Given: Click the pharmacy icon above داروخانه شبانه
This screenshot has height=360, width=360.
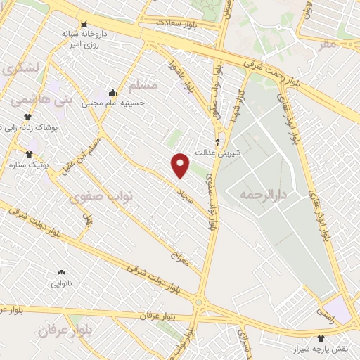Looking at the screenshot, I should (x=85, y=23).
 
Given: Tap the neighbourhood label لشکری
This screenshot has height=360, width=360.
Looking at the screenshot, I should (x=20, y=68).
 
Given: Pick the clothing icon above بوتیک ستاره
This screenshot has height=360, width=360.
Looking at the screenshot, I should (x=29, y=154).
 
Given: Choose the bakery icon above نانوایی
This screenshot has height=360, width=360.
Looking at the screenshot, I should (x=61, y=273).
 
